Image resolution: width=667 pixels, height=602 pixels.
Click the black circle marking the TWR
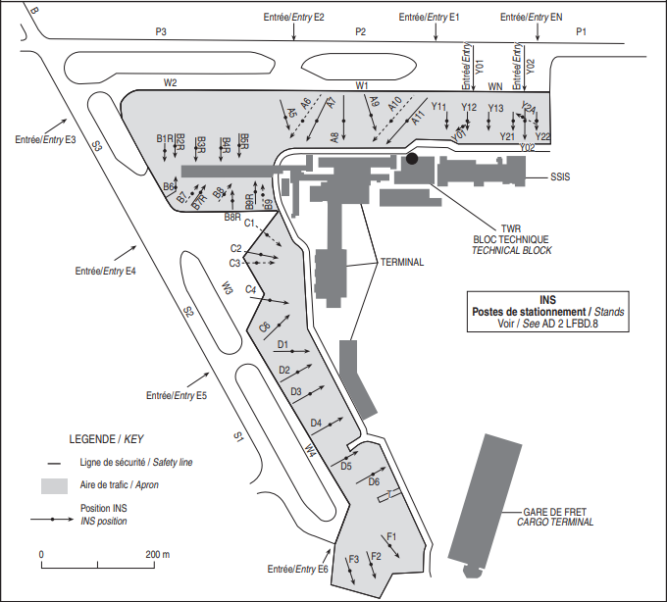412,158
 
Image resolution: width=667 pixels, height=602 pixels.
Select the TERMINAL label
401,262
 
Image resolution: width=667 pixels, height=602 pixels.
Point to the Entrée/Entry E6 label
297,570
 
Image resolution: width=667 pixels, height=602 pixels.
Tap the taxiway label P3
162,32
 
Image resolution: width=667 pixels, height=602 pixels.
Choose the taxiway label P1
581,32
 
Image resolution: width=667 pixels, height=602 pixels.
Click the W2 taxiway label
170,82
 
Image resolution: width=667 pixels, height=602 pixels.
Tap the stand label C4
251,289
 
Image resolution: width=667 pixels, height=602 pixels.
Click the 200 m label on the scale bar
158,554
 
